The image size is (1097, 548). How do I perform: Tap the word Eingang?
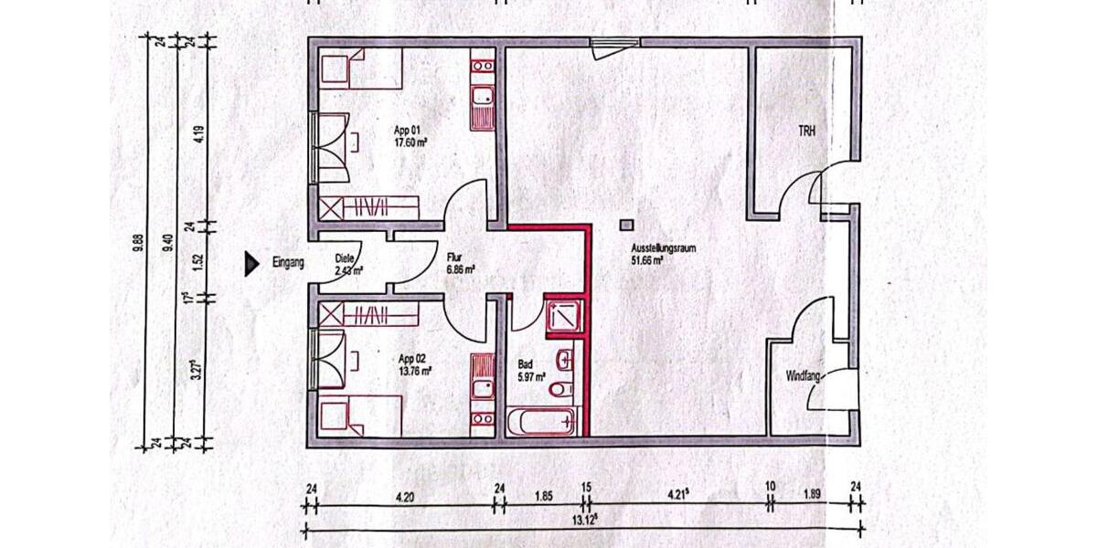coord(288,264)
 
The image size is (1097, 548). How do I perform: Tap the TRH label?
coord(806,132)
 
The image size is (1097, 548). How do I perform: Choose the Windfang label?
coord(802,376)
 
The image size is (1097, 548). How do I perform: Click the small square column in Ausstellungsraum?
coord(626,224)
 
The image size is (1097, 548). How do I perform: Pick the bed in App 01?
coord(361,69)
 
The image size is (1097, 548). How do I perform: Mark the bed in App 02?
coord(361,416)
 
